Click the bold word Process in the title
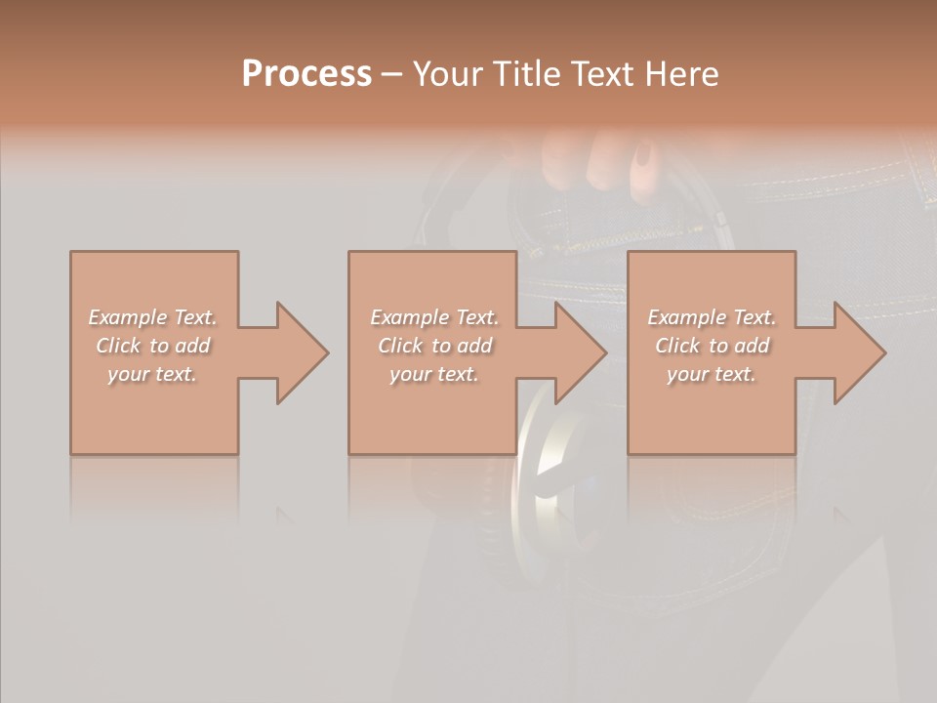(306, 74)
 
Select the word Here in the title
(681, 74)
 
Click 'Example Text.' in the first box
(152, 317)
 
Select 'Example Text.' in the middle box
(433, 317)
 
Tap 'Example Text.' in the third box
(712, 317)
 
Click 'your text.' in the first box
(152, 374)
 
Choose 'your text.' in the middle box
(433, 374)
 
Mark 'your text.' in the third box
(712, 374)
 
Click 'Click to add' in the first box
(152, 346)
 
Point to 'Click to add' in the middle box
(433, 346)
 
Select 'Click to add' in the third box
(712, 346)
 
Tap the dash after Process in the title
(392, 74)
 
